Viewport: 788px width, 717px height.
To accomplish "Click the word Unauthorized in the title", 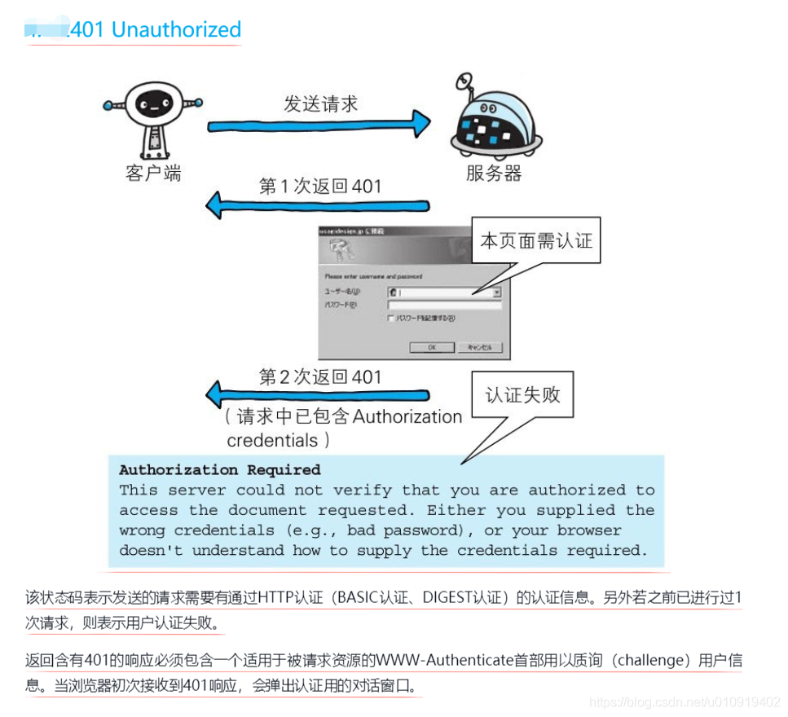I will tap(177, 30).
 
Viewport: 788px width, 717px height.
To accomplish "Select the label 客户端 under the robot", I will tap(153, 173).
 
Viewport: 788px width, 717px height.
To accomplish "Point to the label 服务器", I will tap(494, 173).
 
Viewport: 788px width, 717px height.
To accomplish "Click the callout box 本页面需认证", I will tap(535, 240).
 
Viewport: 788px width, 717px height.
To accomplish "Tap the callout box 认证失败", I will tap(522, 395).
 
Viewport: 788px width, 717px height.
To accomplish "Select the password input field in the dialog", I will tap(444, 305).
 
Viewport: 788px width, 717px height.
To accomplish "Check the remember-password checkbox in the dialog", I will tap(392, 319).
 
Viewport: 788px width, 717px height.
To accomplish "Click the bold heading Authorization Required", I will tap(220, 470).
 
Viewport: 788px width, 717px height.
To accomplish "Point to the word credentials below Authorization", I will tap(271, 440).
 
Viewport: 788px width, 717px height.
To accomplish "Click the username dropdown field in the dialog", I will tap(444, 291).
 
